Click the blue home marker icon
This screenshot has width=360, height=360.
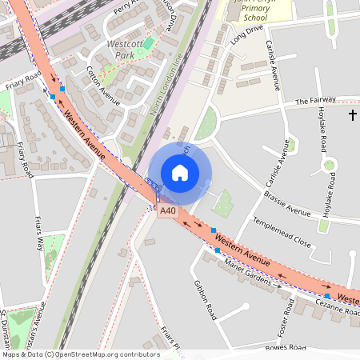[180, 173]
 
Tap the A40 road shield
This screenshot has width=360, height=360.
[166, 211]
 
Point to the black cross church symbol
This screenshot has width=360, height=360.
[353, 115]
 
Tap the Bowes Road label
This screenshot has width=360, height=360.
[287, 348]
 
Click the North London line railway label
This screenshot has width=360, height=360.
[166, 84]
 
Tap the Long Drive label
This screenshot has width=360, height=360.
[246, 34]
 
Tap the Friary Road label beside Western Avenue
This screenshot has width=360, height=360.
[22, 80]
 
